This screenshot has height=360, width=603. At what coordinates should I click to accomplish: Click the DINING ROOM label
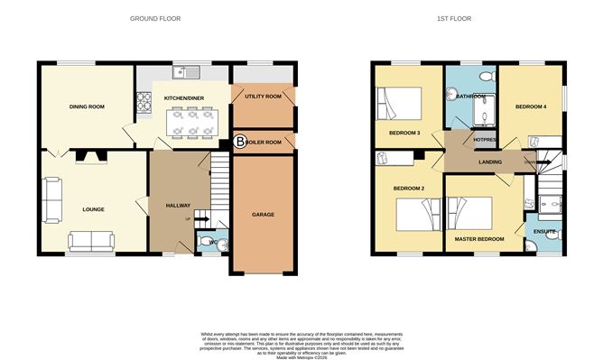(88, 106)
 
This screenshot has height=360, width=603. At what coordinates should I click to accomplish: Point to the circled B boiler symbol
(239, 142)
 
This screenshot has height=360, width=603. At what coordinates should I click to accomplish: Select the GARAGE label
(263, 215)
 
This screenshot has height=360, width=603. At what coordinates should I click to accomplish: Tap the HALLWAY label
(178, 206)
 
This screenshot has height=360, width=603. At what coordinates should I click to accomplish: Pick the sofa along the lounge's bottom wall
(91, 240)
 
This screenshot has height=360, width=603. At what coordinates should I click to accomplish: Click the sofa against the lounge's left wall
(51, 198)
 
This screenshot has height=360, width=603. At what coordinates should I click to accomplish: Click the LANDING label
(490, 162)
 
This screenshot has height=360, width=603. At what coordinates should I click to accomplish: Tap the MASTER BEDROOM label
(479, 238)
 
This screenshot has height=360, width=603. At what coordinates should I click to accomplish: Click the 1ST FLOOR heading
(454, 18)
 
